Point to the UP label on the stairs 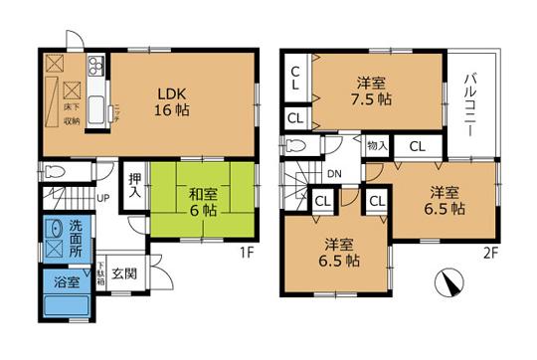pos(102,196)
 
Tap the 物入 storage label pos(377,146)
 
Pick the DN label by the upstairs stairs pos(334,173)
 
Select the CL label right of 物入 pos(418,146)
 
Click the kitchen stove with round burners pos(95,68)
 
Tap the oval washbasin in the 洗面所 pos(54,232)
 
